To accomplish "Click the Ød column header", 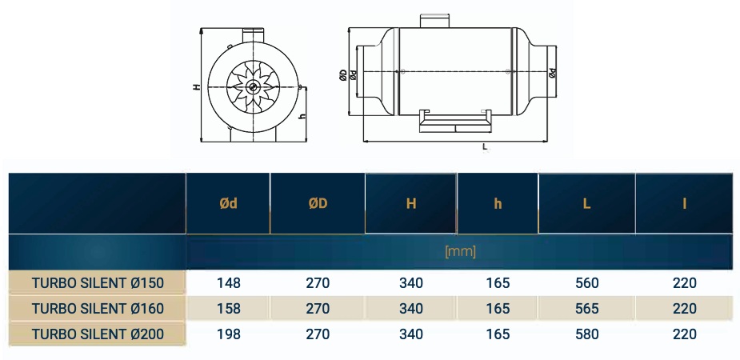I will point(228,204).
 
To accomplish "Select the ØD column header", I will point(318,204).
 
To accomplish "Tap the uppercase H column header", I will point(411,204).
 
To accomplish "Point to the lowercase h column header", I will point(498,204).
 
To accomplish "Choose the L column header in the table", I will point(586,204).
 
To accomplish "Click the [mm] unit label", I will point(460,251).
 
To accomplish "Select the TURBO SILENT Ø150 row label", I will point(98,283).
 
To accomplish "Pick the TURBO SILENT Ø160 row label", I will point(98,309).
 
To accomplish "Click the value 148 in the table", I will point(228,283).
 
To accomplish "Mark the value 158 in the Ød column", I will point(228,309).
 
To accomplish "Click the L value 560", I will point(586,283).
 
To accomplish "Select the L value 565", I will point(586,309).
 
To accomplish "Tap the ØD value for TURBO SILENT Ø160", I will point(318,309).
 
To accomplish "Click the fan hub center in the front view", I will point(253,87).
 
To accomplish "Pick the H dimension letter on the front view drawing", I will point(196,87).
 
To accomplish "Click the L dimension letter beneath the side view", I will point(486,147).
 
